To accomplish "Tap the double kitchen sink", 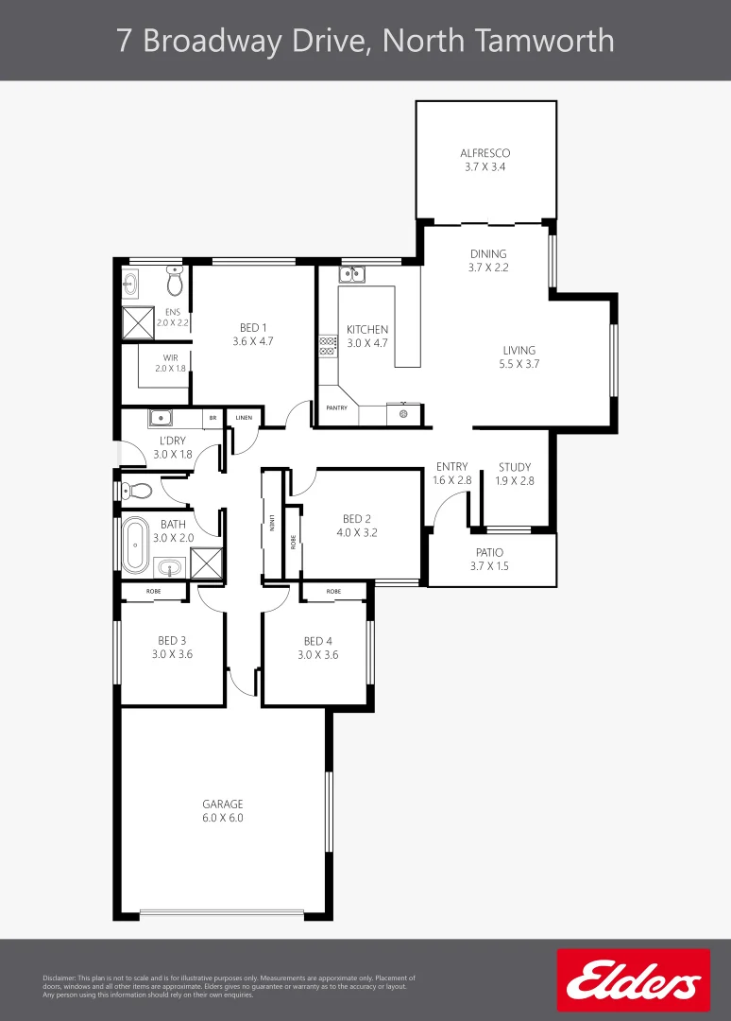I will (353, 274).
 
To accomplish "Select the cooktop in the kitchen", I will (328, 345).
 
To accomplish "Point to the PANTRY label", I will (337, 408).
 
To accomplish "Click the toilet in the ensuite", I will (174, 281).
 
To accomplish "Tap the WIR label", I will (171, 357).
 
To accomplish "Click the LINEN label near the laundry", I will (244, 417).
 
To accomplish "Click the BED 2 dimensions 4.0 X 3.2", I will (355, 532).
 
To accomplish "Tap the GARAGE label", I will (223, 805).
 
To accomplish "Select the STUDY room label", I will (515, 467).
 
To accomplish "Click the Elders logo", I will (633, 980).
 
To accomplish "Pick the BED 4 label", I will (318, 640).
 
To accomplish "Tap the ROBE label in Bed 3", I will (153, 592).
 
